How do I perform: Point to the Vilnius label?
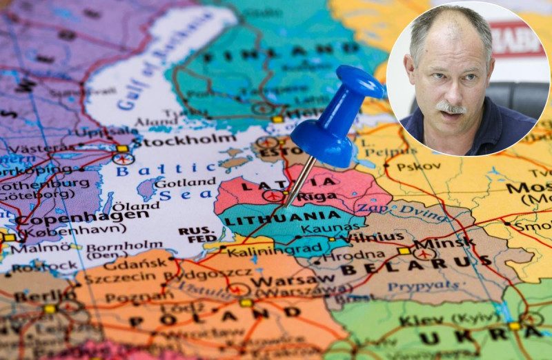point(376,237)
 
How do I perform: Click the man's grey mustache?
point(451,108)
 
